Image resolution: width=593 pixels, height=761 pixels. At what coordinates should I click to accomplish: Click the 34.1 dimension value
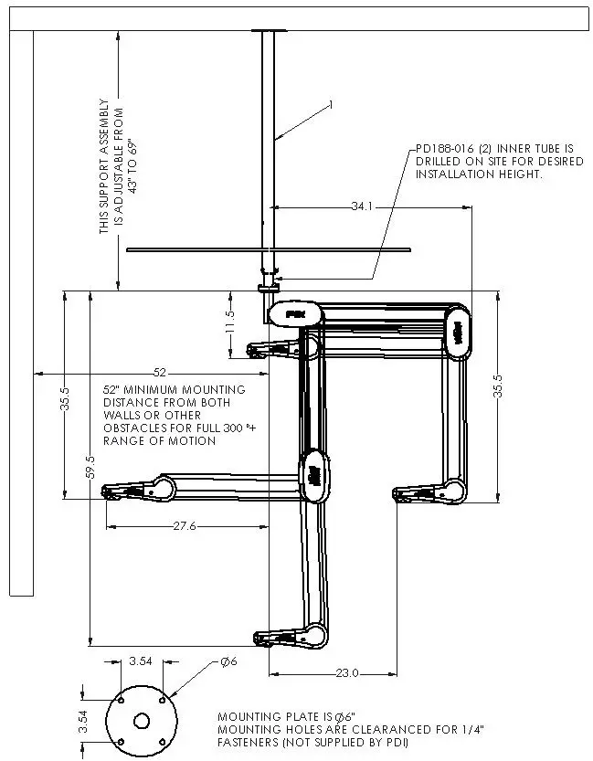click(363, 207)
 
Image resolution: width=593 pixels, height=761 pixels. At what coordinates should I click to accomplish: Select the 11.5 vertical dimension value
click(230, 322)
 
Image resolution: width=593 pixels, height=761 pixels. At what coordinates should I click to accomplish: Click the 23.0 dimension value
click(346, 673)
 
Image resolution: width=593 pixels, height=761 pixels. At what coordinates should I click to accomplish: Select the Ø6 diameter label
click(228, 661)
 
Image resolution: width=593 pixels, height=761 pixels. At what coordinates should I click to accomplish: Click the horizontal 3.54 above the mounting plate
click(141, 661)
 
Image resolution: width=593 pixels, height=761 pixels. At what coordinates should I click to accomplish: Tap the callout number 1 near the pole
click(331, 106)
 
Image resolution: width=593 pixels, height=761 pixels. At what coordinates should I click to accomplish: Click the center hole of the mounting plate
click(141, 721)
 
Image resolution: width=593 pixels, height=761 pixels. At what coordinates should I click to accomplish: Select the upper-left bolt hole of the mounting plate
click(120, 701)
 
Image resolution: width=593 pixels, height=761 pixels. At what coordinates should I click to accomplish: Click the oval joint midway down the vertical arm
click(312, 474)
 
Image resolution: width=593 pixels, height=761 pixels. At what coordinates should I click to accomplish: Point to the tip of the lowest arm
click(259, 638)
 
